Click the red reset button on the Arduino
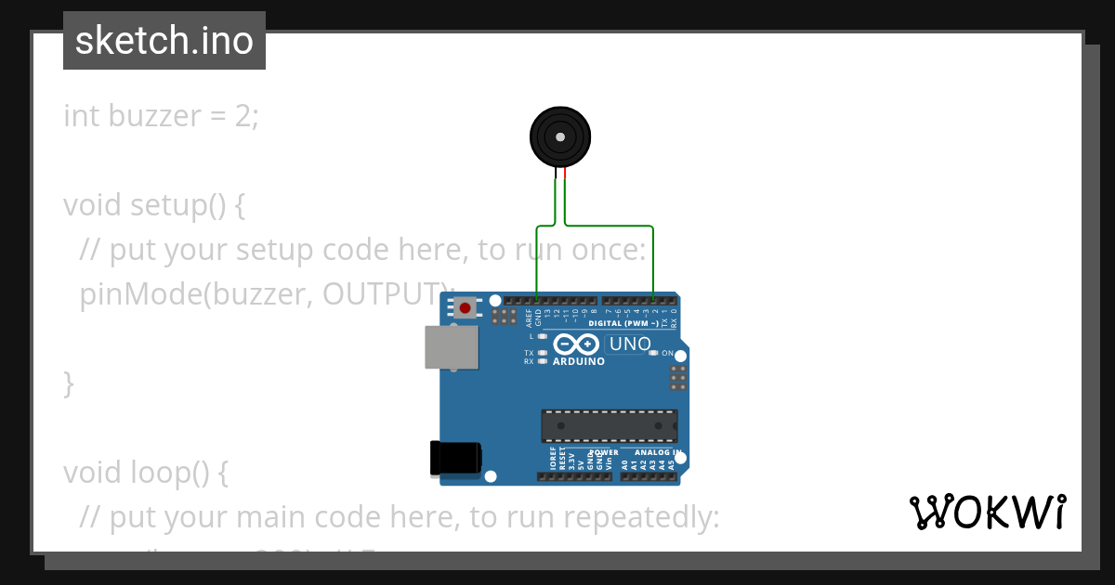click(x=464, y=307)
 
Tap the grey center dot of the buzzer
click(x=559, y=137)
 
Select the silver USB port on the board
click(x=451, y=347)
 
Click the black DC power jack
click(x=454, y=459)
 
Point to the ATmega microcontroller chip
click(x=610, y=426)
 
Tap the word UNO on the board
click(x=629, y=344)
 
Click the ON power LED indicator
click(x=654, y=353)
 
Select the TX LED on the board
click(x=542, y=353)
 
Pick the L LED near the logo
click(x=542, y=336)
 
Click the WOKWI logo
click(x=987, y=512)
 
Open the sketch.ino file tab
click(x=164, y=41)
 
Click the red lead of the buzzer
click(x=564, y=173)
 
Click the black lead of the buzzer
click(x=556, y=173)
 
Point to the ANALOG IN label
click(x=658, y=453)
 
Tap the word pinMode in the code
click(x=139, y=294)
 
